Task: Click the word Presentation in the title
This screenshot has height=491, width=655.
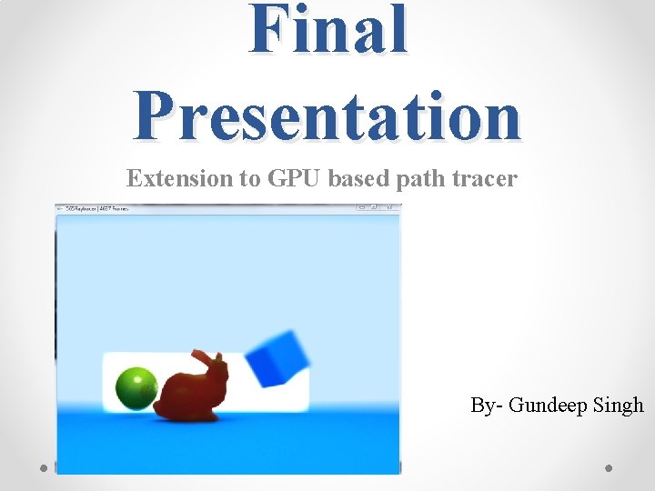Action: tap(327, 116)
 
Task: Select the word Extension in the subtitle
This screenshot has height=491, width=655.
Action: tap(179, 179)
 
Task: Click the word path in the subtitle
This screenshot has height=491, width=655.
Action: tap(416, 179)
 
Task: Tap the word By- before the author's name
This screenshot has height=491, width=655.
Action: tap(486, 406)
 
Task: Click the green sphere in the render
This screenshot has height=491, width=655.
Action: tap(136, 388)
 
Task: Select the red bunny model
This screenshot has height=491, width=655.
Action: tap(190, 393)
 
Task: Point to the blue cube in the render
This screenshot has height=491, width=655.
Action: tap(277, 359)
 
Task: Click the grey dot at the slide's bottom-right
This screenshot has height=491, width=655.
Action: tap(610, 467)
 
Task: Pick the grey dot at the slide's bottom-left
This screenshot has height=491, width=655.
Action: tap(45, 467)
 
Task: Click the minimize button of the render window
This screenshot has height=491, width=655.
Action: tap(362, 208)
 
